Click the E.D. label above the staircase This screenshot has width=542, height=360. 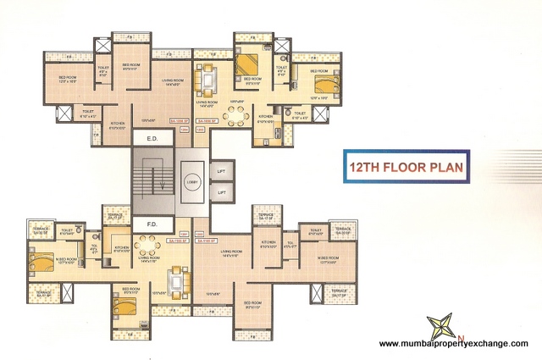pyautogui.click(x=153, y=138)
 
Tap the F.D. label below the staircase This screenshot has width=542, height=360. pyautogui.click(x=153, y=225)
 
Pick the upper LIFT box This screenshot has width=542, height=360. pyautogui.click(x=222, y=170)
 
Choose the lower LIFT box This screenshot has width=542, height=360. pyautogui.click(x=222, y=193)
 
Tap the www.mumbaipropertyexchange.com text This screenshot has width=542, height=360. pyautogui.click(x=453, y=343)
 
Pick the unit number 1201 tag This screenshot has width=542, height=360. pyautogui.click(x=184, y=233)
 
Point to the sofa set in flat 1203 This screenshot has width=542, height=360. pyautogui.click(x=207, y=80)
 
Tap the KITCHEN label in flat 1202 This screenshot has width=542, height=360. pyautogui.click(x=268, y=242)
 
